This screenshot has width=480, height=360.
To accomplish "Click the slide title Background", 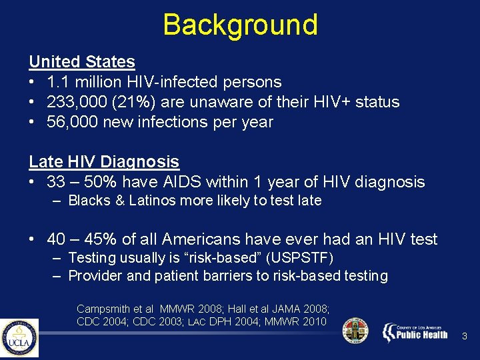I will point(240,25).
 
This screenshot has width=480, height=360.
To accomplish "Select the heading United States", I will point(81,62).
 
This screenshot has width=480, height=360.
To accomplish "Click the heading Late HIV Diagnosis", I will point(103,162).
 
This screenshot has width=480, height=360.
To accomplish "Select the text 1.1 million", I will point(81,82).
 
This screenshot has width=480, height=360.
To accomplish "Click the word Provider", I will point(93,276).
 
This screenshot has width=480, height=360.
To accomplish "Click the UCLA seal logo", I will point(19,338).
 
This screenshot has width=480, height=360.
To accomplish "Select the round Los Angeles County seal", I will point(355,331).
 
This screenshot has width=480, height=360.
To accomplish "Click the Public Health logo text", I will point(422,333).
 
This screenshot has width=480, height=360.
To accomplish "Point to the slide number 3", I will point(465,338).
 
